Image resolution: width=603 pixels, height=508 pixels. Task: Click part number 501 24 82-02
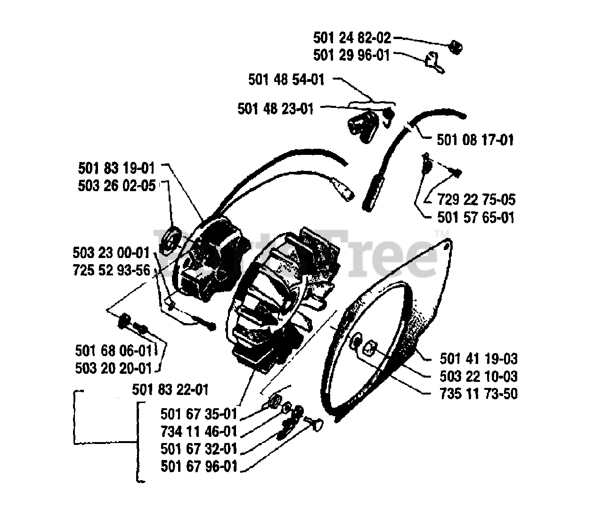click(352, 37)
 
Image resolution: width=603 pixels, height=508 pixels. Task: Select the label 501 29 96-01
click(352, 55)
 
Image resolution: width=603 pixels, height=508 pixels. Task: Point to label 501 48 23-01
click(276, 109)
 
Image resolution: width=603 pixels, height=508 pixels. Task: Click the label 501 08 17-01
click(475, 140)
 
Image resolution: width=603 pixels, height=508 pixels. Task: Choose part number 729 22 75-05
click(476, 200)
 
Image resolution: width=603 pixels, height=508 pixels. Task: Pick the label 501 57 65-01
click(476, 218)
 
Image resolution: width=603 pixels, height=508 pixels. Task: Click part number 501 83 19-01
click(117, 168)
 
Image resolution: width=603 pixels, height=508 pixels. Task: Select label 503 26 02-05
click(117, 186)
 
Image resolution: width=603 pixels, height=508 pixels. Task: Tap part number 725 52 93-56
click(111, 270)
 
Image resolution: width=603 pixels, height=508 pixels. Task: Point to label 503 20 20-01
click(114, 368)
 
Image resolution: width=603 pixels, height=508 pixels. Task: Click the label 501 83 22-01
click(170, 390)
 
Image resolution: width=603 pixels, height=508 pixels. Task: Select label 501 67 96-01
click(199, 467)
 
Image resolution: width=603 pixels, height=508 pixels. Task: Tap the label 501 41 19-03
click(479, 359)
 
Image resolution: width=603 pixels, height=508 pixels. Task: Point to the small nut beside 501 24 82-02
click(455, 46)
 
